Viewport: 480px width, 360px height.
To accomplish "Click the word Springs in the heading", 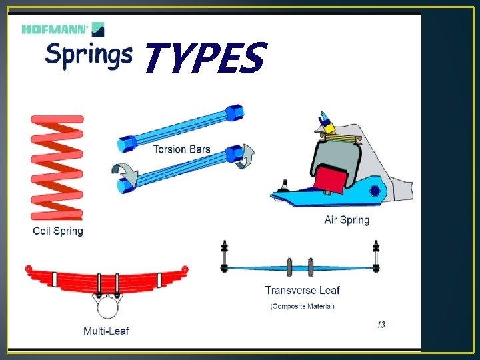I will (x=88, y=55).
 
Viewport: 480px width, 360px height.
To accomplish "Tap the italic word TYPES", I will (x=204, y=59).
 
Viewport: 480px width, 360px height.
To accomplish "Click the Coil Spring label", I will (x=58, y=231).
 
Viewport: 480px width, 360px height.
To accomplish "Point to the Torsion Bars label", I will (x=181, y=149).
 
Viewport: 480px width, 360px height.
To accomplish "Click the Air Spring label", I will (x=346, y=220).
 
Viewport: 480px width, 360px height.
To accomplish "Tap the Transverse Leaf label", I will (x=302, y=290).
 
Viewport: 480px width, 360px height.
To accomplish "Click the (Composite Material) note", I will (x=302, y=306).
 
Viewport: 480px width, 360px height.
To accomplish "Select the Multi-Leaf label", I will (x=107, y=331).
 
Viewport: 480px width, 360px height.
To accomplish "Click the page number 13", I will (x=380, y=325).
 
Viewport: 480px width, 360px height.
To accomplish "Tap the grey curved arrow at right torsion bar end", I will (x=247, y=155).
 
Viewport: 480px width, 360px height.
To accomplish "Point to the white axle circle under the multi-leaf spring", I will (x=107, y=308).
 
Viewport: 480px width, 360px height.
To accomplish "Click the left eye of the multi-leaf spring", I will (x=29, y=269).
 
